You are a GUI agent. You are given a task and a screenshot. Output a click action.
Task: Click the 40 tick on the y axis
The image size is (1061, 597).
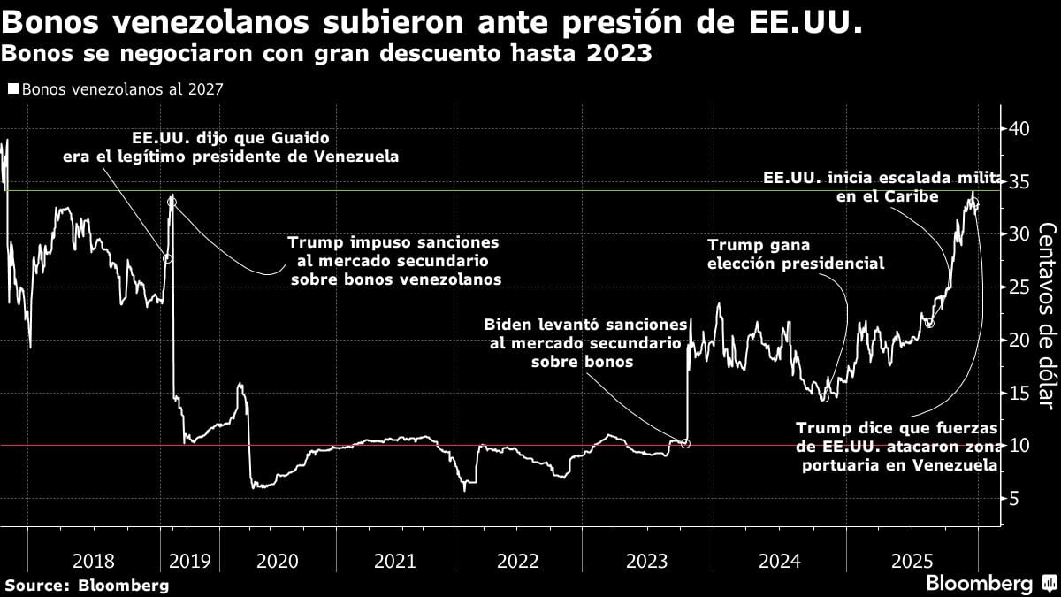(1019, 128)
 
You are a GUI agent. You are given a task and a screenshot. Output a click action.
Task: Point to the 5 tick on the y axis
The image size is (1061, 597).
(1014, 498)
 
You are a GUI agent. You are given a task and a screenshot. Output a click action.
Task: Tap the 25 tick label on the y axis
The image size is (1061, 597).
(1019, 287)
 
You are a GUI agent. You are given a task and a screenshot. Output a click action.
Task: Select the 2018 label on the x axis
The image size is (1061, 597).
(94, 561)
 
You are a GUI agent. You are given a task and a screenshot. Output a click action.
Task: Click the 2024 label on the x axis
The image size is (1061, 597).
(779, 561)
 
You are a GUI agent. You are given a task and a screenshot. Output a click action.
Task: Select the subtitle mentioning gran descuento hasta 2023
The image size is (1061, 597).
(327, 54)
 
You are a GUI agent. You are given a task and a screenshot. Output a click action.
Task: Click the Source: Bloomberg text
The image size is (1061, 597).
(87, 585)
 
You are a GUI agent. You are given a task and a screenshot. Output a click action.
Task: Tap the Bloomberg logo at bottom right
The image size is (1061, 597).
(990, 584)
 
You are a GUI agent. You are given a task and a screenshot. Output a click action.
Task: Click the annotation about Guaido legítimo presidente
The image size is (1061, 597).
(230, 148)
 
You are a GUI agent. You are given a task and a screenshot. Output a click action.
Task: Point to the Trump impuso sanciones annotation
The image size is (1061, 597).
(394, 260)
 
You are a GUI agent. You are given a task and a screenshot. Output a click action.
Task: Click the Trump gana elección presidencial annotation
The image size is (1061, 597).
(796, 254)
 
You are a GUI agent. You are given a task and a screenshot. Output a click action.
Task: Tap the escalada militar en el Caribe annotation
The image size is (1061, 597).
(884, 188)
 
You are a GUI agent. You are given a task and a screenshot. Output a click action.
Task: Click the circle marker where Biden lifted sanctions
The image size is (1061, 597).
(685, 443)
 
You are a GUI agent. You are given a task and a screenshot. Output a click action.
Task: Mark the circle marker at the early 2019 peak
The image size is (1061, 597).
(172, 202)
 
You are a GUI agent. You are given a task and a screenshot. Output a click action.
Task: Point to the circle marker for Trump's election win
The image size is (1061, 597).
(824, 397)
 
